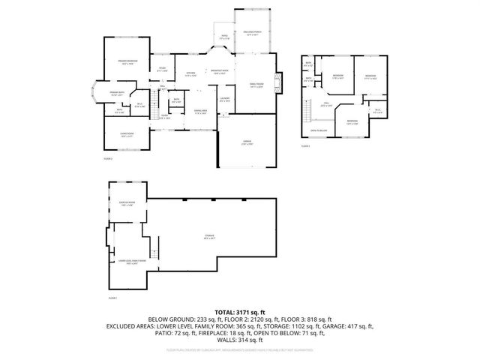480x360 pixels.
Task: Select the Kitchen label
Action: click(x=190, y=73)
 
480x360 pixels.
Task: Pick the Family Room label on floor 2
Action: click(x=256, y=86)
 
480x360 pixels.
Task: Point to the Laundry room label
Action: click(x=224, y=99)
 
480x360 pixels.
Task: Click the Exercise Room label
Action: click(x=127, y=203)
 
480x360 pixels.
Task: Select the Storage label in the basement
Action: click(x=209, y=236)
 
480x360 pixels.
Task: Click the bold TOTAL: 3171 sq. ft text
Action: click(x=240, y=311)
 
